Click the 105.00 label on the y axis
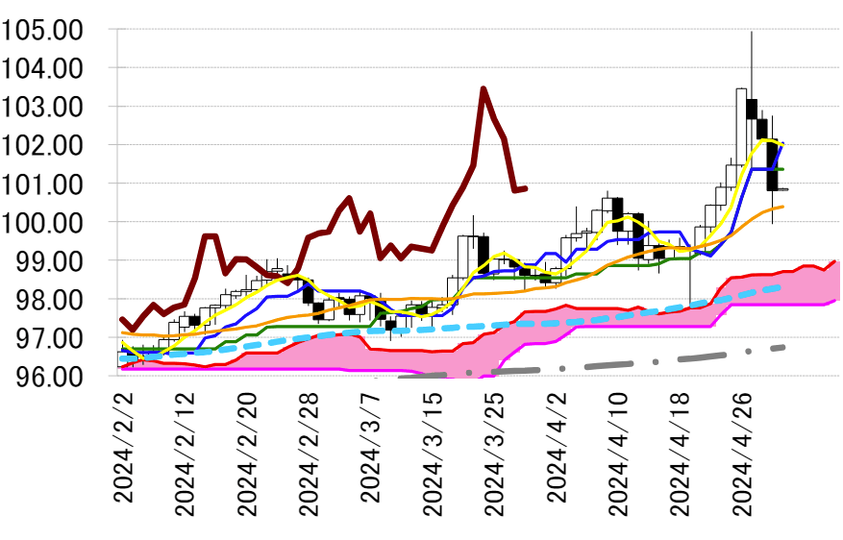(x=42, y=30)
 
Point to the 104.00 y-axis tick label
(x=42, y=68)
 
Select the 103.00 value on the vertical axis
(x=42, y=107)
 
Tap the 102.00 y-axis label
(x=42, y=145)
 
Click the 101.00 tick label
(x=42, y=184)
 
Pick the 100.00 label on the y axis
(x=42, y=222)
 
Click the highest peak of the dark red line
(x=483, y=88)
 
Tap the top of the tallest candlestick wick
(x=752, y=32)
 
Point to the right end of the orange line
(x=783, y=206)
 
